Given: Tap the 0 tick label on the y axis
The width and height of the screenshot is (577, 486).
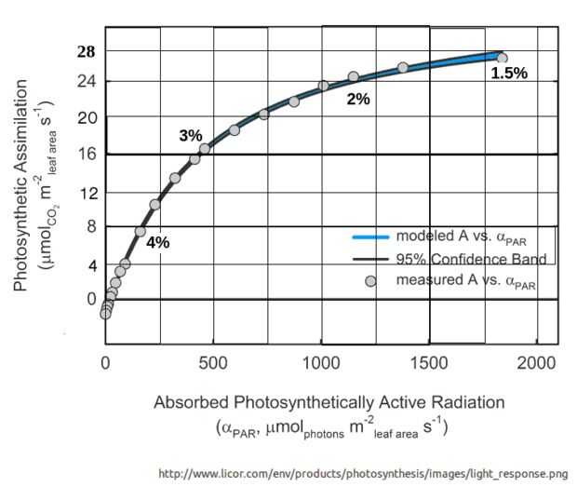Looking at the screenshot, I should pos(90,299).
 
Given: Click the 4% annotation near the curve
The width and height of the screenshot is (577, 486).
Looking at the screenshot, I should pos(157,242).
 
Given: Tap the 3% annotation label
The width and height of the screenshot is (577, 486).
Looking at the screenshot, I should pos(191,136).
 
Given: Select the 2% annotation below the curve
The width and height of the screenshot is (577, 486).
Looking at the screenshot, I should pos(358,100).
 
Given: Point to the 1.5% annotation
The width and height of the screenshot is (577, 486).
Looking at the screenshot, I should pos(509,73).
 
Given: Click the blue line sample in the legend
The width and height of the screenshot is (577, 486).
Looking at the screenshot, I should pos(369,236).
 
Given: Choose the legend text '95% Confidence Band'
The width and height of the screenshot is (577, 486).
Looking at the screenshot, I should pos(471,259).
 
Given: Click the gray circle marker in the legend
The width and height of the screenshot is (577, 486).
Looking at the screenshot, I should pos(369,280).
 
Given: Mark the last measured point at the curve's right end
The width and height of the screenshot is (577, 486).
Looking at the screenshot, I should pos(502,58).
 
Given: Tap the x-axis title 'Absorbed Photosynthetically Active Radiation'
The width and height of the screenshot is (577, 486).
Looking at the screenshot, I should pos(329,403).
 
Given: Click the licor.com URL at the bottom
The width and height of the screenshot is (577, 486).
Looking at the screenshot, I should pos(363,473).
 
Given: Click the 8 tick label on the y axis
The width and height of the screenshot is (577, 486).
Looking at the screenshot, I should pos(90,225).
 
